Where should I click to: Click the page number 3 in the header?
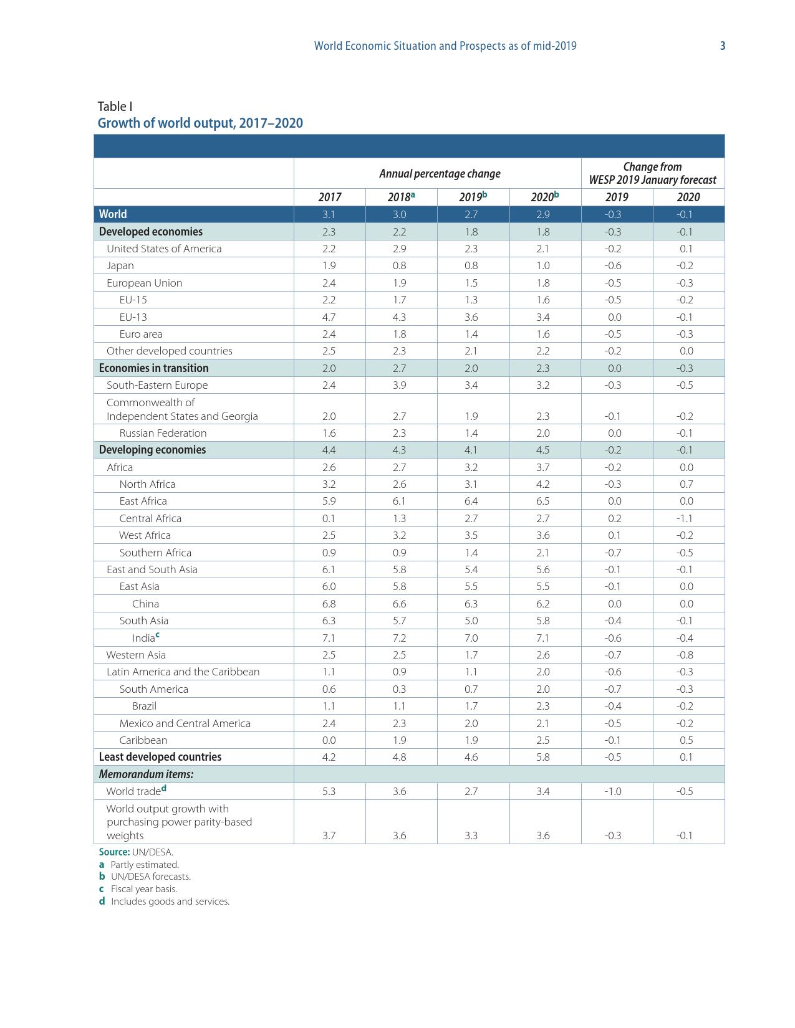click(723, 45)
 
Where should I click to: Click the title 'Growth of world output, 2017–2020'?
click(200, 123)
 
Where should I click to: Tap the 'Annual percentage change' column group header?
click(440, 173)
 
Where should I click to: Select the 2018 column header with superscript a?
click(401, 197)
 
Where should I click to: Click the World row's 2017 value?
click(329, 214)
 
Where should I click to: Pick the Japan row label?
click(120, 265)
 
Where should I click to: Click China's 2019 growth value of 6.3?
click(471, 604)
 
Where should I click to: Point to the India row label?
click(143, 638)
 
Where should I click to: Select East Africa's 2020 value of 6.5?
click(542, 501)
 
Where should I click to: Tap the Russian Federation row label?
click(163, 433)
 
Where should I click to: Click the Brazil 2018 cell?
click(399, 706)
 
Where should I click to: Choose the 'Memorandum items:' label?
click(146, 774)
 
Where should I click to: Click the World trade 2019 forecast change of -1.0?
click(613, 791)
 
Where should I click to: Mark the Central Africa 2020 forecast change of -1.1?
click(685, 518)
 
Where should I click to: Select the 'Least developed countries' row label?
click(160, 757)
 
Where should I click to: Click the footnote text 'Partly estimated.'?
click(145, 865)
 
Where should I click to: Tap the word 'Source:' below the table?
click(114, 852)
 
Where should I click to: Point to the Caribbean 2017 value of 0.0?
click(329, 740)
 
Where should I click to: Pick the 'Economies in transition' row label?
click(153, 368)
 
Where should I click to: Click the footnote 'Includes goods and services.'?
click(170, 902)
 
